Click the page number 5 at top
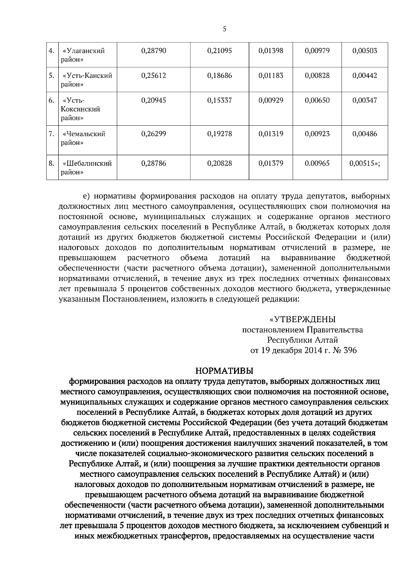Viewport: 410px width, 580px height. (x=224, y=29)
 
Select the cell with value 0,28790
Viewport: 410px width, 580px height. (x=153, y=51)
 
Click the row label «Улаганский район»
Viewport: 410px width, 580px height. (x=83, y=55)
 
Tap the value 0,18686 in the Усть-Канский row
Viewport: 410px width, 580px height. (x=219, y=76)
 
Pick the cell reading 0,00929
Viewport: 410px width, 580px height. (x=271, y=100)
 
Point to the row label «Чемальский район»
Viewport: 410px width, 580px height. (x=83, y=138)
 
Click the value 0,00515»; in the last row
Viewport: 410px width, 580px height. (x=365, y=163)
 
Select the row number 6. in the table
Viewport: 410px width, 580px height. (x=51, y=100)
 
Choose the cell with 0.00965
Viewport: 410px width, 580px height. (x=317, y=163)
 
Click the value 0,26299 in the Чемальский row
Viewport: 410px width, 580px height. (x=153, y=134)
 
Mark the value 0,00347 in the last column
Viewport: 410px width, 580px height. (x=365, y=100)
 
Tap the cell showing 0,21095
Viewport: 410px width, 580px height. (x=219, y=51)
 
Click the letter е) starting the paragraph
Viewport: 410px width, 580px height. (x=87, y=197)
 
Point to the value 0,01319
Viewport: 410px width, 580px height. (x=271, y=134)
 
